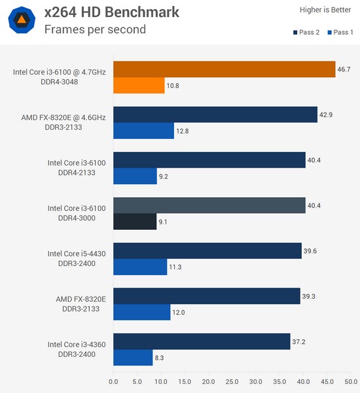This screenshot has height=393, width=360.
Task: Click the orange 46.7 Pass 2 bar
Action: coord(224,69)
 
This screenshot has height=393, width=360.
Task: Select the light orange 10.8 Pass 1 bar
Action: coord(139,86)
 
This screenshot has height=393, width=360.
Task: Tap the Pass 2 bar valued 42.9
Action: coord(215,115)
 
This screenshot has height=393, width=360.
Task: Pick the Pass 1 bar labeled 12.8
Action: coord(143,131)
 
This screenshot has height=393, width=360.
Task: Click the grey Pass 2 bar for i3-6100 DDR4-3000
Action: coord(209,206)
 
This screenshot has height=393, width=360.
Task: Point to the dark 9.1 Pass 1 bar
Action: coord(135,222)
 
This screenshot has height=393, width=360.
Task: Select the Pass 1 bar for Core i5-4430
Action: coord(140,267)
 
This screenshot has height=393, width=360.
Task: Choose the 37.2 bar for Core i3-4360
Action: coord(202,341)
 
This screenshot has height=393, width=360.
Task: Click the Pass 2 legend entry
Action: coord(304,32)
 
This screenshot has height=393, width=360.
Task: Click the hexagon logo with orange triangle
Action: coord(22,20)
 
